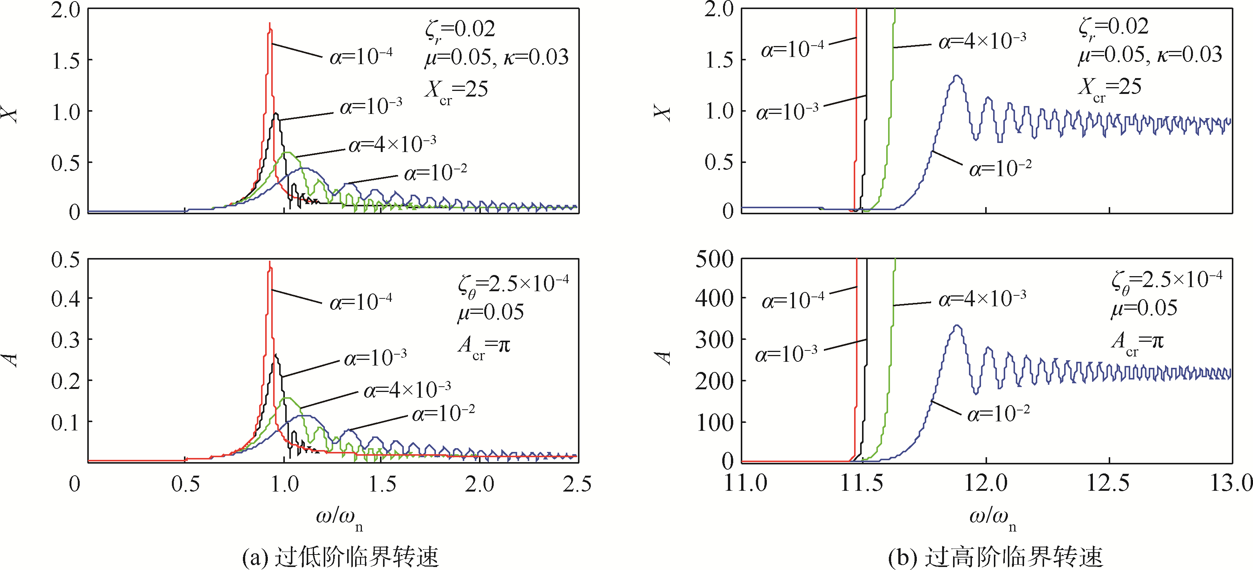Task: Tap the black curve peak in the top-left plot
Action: click(276, 114)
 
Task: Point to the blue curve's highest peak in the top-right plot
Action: click(957, 76)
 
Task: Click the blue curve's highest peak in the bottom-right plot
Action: click(957, 326)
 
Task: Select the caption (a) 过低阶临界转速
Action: click(340, 557)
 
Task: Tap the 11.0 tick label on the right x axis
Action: click(745, 484)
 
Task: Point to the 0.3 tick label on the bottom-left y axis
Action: click(65, 340)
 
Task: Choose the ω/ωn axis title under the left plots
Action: click(339, 518)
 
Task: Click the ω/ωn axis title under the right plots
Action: click(992, 518)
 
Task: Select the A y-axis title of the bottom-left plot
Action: click(11, 360)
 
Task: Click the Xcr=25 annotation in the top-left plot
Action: click(456, 91)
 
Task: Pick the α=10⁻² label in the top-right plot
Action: click(1000, 169)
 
